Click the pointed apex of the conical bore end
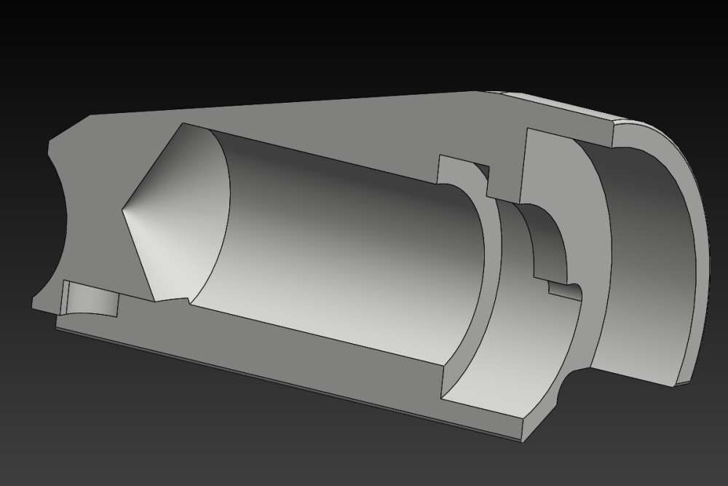[x=122, y=211]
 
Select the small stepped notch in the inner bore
[x=561, y=288]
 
